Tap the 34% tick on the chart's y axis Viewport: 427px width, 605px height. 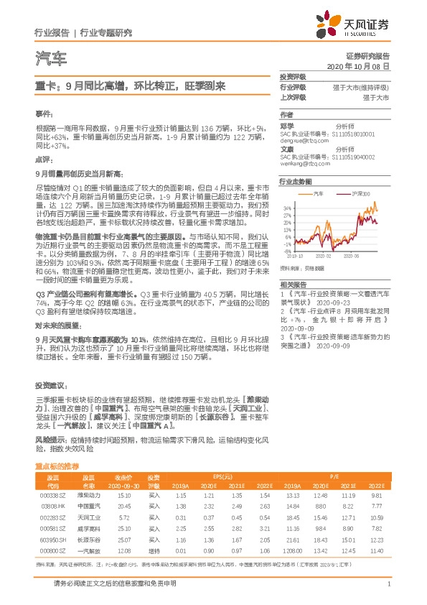pos(288,208)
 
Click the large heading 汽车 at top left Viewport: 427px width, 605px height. pos(50,57)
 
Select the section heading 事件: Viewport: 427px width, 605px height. pos(44,114)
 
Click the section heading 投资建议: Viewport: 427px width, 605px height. pos(49,384)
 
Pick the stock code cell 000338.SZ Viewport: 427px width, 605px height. pos(52,495)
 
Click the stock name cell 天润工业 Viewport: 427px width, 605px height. pos(88,517)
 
